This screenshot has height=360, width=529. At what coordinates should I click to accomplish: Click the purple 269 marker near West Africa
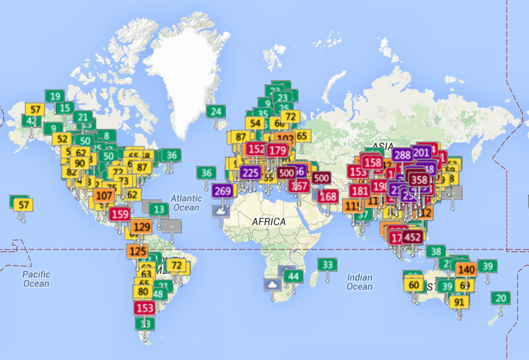(223, 191)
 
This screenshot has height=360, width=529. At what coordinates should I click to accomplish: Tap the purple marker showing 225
(250, 172)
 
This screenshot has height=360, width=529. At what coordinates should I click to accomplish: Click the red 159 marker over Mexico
(120, 214)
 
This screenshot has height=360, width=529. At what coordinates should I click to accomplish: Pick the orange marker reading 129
(141, 227)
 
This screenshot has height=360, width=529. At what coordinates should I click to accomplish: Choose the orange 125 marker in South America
(137, 250)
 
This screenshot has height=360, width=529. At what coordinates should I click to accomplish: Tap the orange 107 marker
(104, 195)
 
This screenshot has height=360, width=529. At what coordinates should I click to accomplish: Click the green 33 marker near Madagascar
(327, 265)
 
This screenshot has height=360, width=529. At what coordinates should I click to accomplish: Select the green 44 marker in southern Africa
(293, 276)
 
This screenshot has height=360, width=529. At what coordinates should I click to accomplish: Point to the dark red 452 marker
(413, 237)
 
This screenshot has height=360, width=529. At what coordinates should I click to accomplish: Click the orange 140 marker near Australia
(466, 270)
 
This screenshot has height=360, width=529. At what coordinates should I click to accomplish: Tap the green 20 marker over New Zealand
(501, 298)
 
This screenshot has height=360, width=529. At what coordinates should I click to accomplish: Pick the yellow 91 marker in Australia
(460, 302)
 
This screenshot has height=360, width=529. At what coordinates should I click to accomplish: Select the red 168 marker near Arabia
(329, 196)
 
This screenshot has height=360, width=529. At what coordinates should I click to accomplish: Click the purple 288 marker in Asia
(402, 155)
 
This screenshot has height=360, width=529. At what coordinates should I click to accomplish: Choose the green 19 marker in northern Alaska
(55, 96)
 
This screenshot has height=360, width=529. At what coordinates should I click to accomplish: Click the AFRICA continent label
(269, 222)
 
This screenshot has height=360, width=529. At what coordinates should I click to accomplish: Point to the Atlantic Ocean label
(186, 203)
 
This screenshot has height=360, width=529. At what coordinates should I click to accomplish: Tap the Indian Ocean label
(360, 282)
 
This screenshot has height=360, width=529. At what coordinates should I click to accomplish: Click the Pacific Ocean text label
(36, 278)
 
